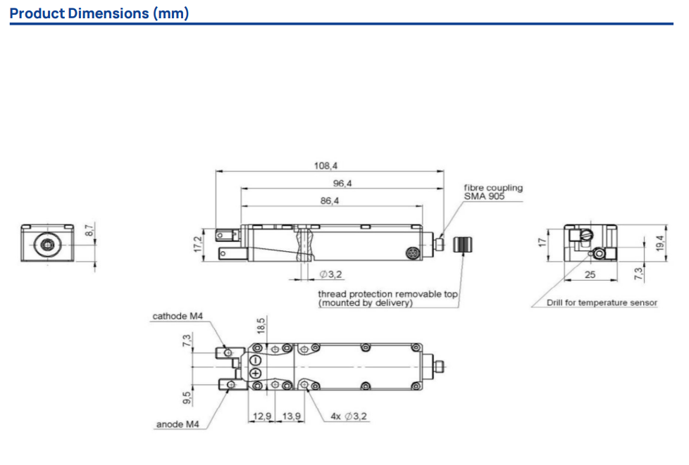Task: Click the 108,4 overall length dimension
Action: tap(325, 166)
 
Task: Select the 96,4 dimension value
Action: tap(342, 184)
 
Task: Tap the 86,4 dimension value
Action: tap(330, 201)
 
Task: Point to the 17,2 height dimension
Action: tap(198, 244)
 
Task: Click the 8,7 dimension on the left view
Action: tap(89, 231)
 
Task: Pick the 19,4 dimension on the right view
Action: tap(660, 243)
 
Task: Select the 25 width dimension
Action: tap(590, 274)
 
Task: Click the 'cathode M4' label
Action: tap(178, 317)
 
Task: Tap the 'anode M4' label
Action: tap(178, 424)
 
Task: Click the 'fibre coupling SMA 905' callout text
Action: tap(493, 192)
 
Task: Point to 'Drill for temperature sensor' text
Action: tap(602, 302)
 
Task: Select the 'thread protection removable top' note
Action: tap(387, 294)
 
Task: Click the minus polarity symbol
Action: tap(255, 361)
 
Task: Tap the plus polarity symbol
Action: tap(255, 374)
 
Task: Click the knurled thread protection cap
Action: tap(462, 244)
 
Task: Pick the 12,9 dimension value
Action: tap(262, 416)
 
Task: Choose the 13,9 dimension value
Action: tap(292, 416)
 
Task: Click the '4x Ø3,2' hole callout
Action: tap(349, 416)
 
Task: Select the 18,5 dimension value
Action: tap(261, 326)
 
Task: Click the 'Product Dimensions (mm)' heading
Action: tap(99, 13)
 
